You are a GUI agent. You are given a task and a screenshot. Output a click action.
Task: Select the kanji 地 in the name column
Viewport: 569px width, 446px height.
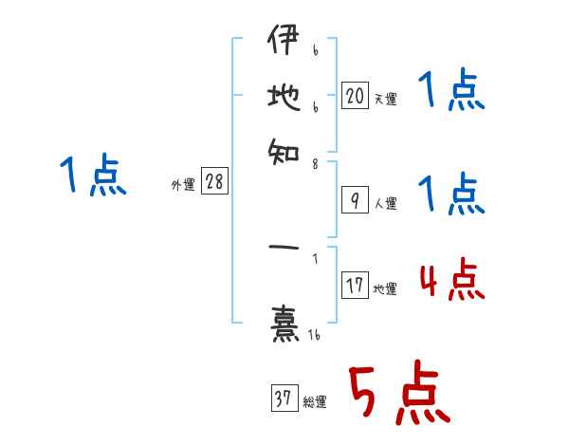[x=282, y=98]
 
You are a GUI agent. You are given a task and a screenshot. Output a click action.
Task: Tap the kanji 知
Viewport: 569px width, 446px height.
[x=282, y=149]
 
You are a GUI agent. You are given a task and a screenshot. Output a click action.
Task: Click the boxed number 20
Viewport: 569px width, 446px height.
[x=355, y=96]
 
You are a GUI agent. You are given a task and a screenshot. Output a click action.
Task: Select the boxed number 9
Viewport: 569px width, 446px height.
[x=355, y=199]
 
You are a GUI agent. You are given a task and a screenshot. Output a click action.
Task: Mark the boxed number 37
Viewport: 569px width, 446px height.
[x=283, y=399]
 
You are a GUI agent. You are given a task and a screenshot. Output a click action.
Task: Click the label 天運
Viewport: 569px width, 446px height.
[x=385, y=99]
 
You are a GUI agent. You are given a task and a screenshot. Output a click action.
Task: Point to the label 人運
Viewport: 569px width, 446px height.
[x=385, y=202]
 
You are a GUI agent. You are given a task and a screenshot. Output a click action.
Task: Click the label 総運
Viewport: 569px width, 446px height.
[x=314, y=401]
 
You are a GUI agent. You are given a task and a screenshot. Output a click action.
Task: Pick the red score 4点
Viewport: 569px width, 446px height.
[x=450, y=279]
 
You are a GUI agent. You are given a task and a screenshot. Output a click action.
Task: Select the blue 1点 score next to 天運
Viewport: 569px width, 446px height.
[x=450, y=92]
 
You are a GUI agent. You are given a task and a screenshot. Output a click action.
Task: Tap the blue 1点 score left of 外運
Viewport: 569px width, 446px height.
[x=92, y=177]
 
